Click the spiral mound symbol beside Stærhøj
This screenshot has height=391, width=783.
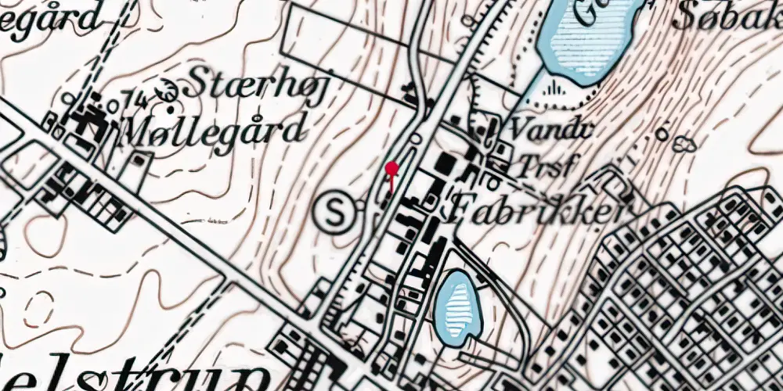166,90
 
